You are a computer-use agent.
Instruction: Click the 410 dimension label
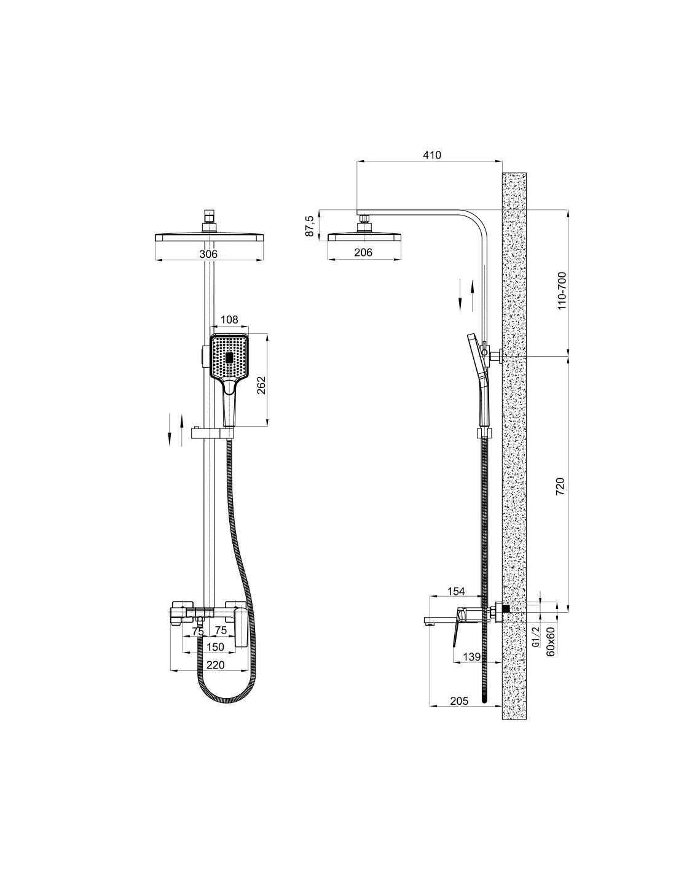pos(432,155)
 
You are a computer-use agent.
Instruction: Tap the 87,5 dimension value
pos(309,226)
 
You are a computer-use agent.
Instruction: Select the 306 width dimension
pos(208,254)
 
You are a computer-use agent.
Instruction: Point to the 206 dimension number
pos(363,252)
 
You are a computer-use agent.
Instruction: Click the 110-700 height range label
pos(562,291)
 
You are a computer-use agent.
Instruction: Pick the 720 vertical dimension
pos(560,486)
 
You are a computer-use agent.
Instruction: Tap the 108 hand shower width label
pos(229,319)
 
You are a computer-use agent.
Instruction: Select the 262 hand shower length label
pos(261,385)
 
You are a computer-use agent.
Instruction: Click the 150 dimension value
pos(215,647)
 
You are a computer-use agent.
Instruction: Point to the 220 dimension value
pos(215,665)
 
